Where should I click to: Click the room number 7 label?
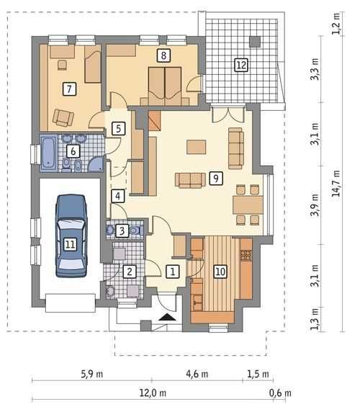click(x=69, y=89)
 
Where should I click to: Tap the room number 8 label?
click(x=163, y=55)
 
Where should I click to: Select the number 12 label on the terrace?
click(x=241, y=65)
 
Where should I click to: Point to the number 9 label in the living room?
click(x=216, y=178)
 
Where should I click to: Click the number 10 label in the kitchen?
click(x=220, y=272)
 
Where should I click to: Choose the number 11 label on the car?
click(x=70, y=244)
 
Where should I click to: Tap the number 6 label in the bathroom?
click(x=73, y=151)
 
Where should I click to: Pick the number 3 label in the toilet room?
click(x=122, y=230)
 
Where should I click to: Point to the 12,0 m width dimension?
click(x=153, y=393)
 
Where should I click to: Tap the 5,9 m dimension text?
click(x=91, y=375)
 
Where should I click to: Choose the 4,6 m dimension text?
click(x=197, y=375)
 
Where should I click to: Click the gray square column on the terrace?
click(x=255, y=42)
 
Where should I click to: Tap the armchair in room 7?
click(x=63, y=117)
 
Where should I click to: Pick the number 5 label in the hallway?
click(x=118, y=128)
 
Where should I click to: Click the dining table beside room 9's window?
click(x=248, y=205)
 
